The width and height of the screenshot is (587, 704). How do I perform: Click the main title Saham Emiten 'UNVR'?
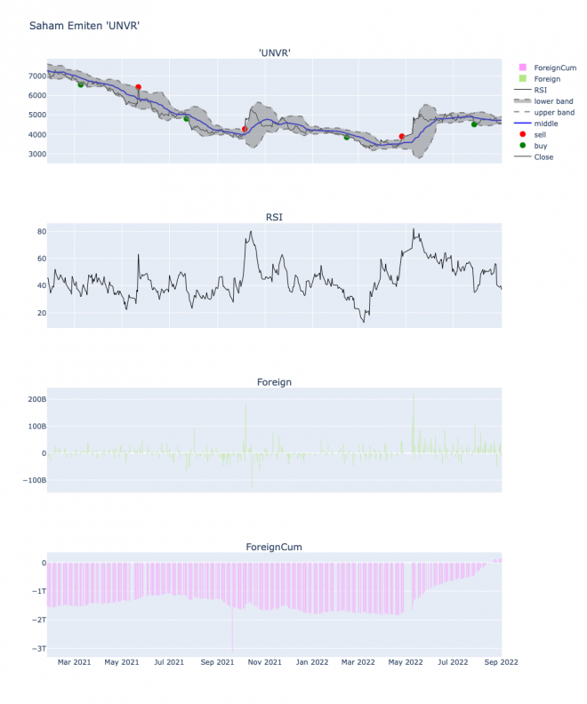(84, 26)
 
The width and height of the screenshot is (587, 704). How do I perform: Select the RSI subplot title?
(275, 217)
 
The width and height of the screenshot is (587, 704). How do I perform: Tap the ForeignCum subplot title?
(275, 546)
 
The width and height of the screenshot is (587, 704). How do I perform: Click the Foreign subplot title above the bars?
(274, 382)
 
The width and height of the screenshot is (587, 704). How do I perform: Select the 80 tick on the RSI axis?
(41, 232)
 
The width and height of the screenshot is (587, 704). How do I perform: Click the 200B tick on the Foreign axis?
(36, 399)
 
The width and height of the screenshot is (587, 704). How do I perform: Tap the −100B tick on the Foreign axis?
(33, 480)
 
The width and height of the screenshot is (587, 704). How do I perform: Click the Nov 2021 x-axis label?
(264, 661)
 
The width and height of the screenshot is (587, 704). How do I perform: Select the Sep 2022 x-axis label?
(502, 661)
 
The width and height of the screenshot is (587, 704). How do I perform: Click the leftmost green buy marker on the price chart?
(81, 85)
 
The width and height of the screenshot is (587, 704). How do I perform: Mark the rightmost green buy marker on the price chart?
(474, 124)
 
